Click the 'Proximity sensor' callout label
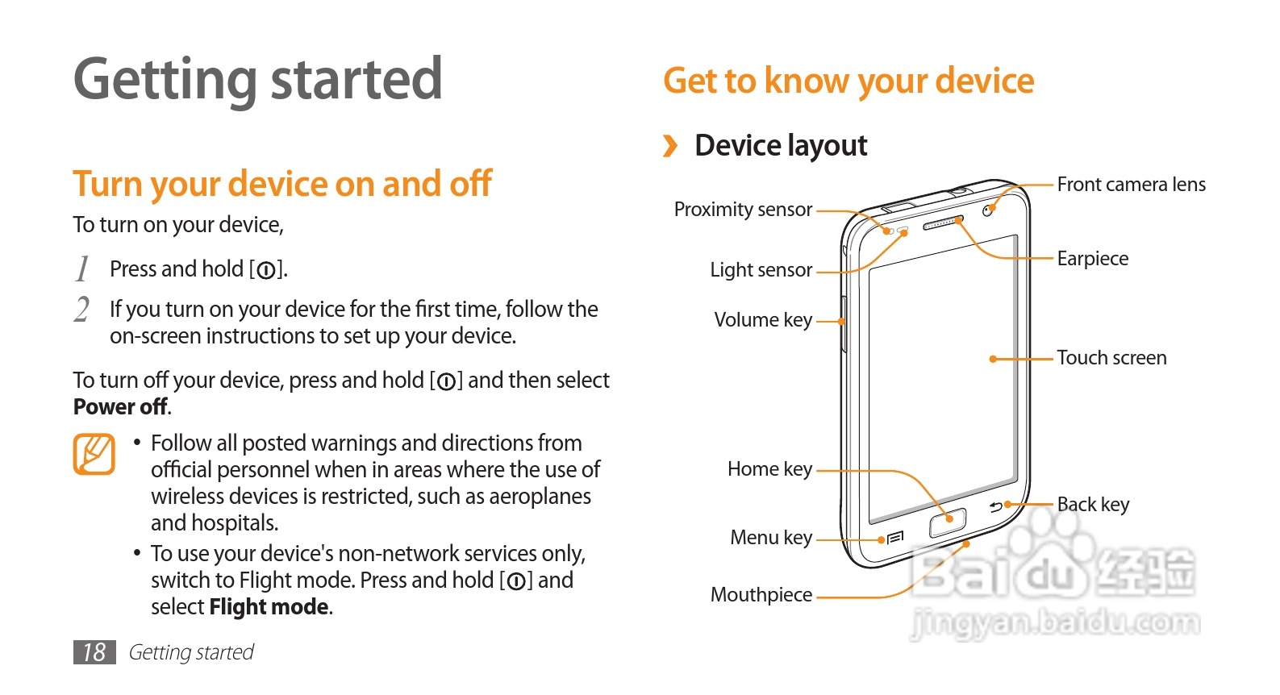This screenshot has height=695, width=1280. point(743,210)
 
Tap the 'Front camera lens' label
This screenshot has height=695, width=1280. point(1131,185)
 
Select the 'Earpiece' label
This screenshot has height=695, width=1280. point(1092,259)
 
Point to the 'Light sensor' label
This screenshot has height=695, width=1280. point(761,270)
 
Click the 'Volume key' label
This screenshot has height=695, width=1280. point(763,320)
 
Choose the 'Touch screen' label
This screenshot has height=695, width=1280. point(1111,358)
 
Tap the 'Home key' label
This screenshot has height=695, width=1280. point(769,469)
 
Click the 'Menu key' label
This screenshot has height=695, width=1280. point(771,538)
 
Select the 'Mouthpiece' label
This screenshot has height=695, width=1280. point(761,595)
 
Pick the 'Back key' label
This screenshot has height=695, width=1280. point(1093,505)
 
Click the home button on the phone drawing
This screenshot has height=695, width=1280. point(948,522)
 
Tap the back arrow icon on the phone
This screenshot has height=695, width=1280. point(996,507)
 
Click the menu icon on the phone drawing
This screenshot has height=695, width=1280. point(895,538)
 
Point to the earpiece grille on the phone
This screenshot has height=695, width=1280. point(942,223)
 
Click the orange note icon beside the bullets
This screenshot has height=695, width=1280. point(94,454)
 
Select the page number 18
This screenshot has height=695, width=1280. point(94,652)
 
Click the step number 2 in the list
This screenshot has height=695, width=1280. point(81,310)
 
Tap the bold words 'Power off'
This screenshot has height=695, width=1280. point(121,407)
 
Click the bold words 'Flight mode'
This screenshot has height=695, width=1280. point(269,607)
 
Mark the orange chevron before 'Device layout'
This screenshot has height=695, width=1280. point(670,146)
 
